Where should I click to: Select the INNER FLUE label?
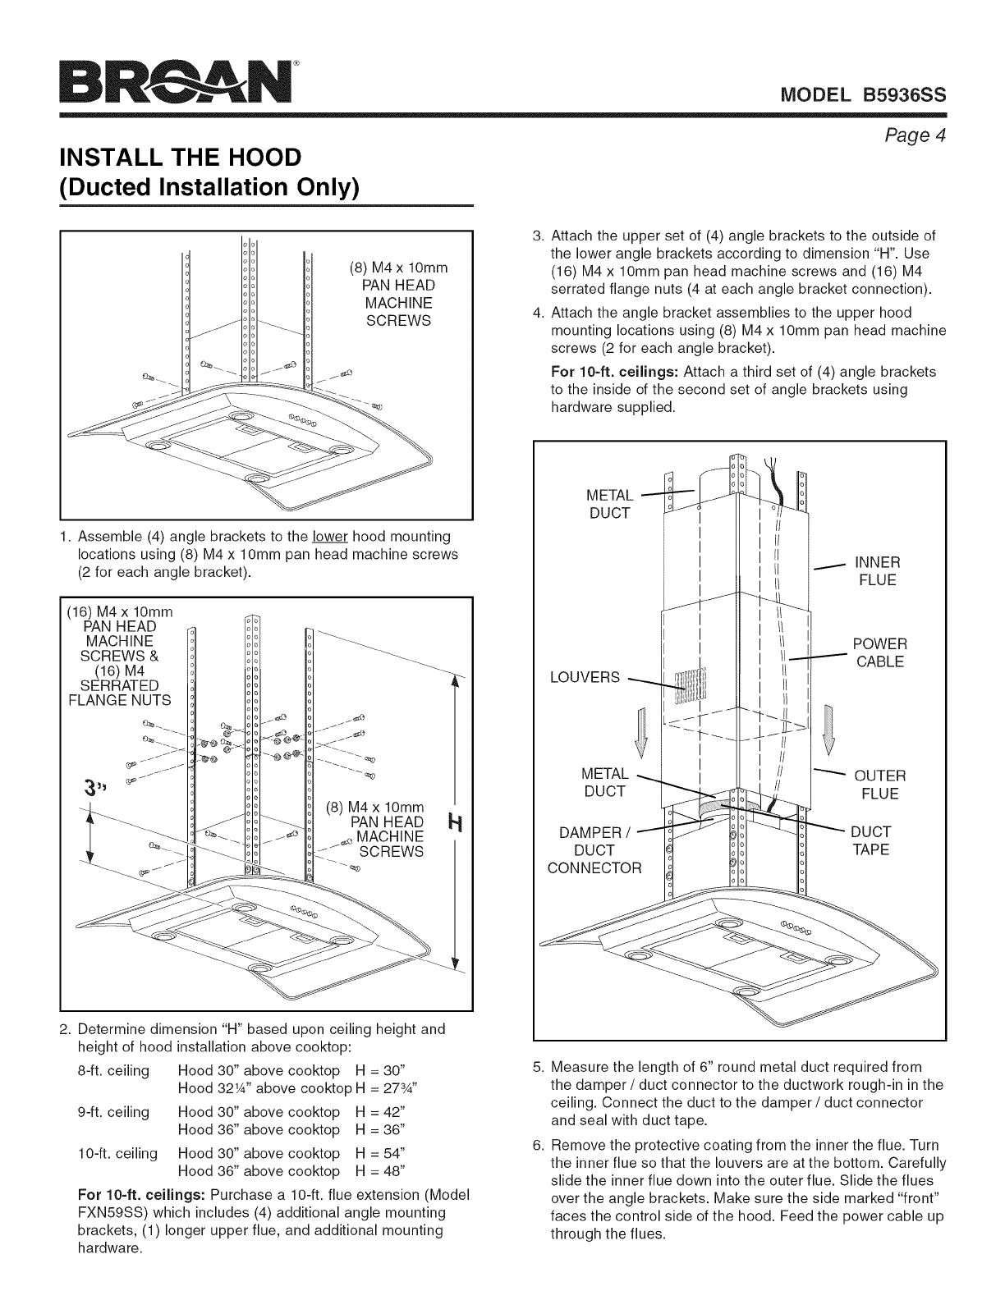click(877, 571)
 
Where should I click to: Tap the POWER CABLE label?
click(879, 652)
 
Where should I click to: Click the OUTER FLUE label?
click(880, 785)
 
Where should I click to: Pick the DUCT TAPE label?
click(870, 840)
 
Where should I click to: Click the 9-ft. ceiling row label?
click(112, 1112)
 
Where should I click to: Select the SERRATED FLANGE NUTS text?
click(120, 693)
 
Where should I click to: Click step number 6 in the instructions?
click(537, 1145)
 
